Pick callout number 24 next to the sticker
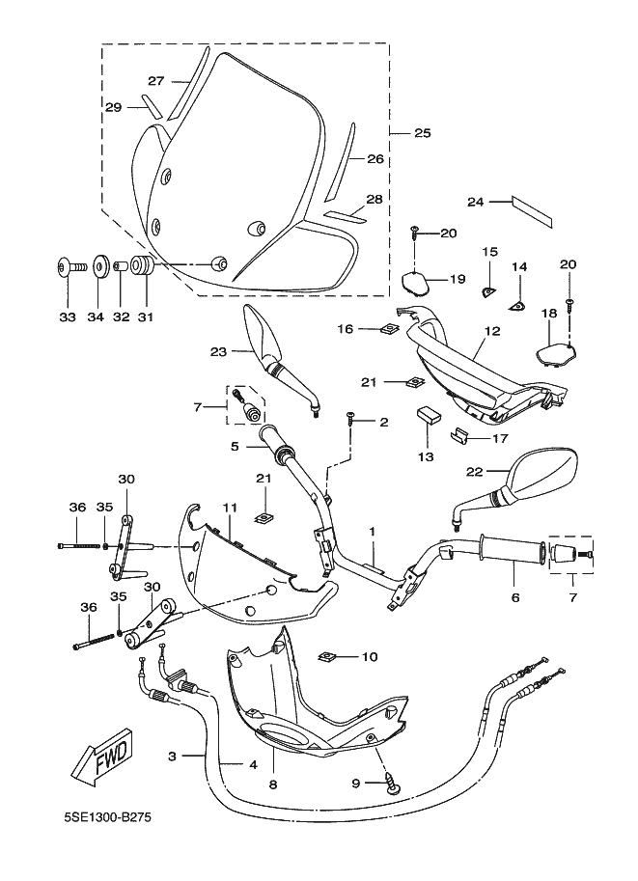click(x=475, y=202)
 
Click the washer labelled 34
click(x=99, y=265)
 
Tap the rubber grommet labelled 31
click(x=141, y=266)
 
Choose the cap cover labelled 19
click(x=415, y=282)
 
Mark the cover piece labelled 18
click(x=554, y=345)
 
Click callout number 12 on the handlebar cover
click(x=493, y=330)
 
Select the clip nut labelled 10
click(x=329, y=657)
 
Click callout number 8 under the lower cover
click(x=272, y=785)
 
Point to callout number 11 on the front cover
click(x=231, y=508)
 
